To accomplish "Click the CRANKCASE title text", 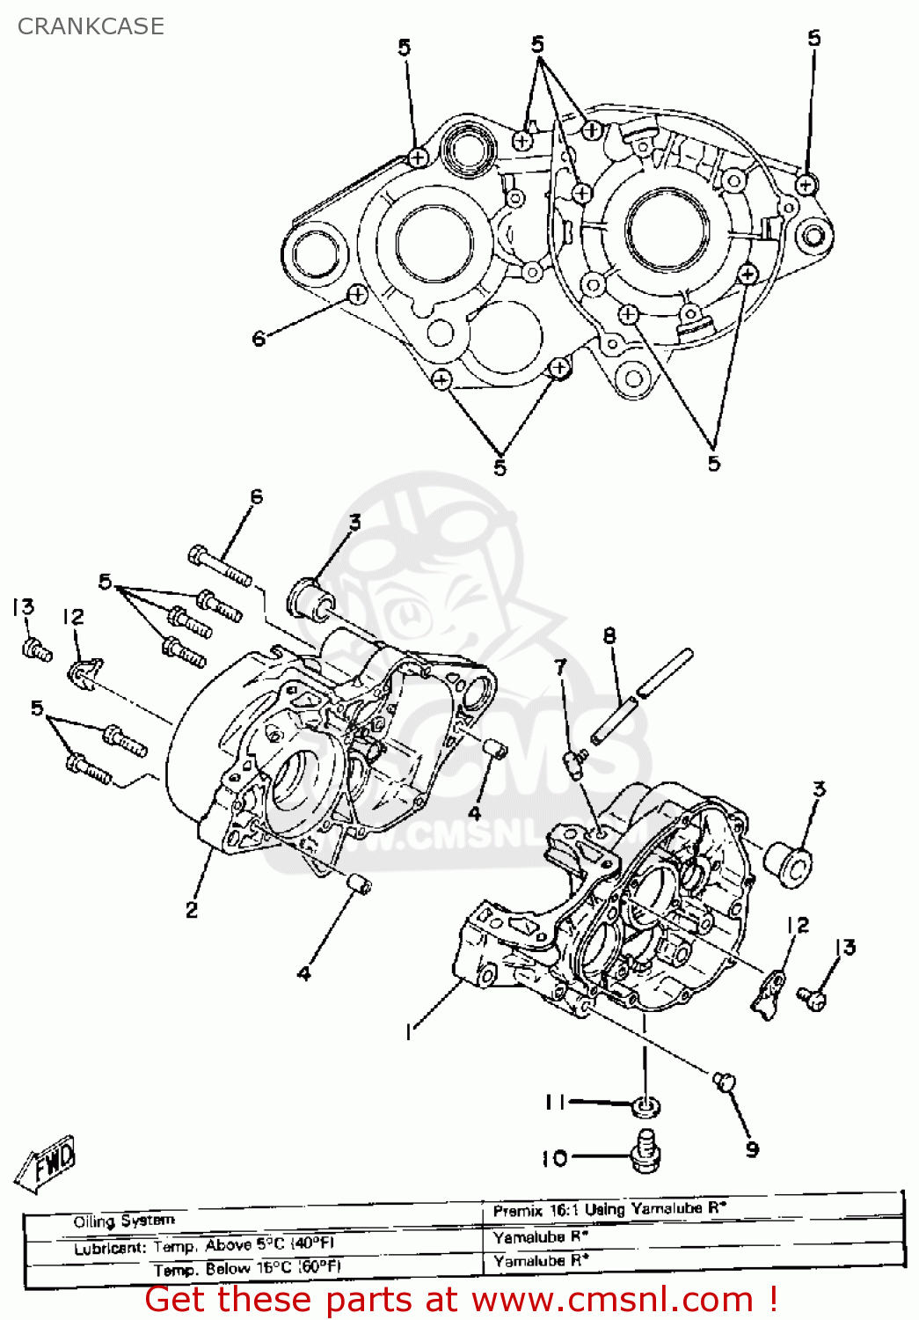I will point(91,26).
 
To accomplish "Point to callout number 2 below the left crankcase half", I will point(192,910).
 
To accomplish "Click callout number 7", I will point(560,667).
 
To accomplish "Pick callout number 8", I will point(609,635).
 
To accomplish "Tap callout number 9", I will point(752,1149).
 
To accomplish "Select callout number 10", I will point(554,1158).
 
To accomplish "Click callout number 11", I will point(554,1102).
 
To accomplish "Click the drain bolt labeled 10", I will point(646,1151).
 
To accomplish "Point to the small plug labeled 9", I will point(724,1082).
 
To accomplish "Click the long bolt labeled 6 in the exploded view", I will point(219,566).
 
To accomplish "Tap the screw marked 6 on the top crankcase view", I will point(358,296).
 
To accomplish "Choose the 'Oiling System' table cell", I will point(124,1221).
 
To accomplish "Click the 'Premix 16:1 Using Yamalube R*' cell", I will point(609,1210).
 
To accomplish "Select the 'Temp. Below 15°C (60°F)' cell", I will point(246,1269).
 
